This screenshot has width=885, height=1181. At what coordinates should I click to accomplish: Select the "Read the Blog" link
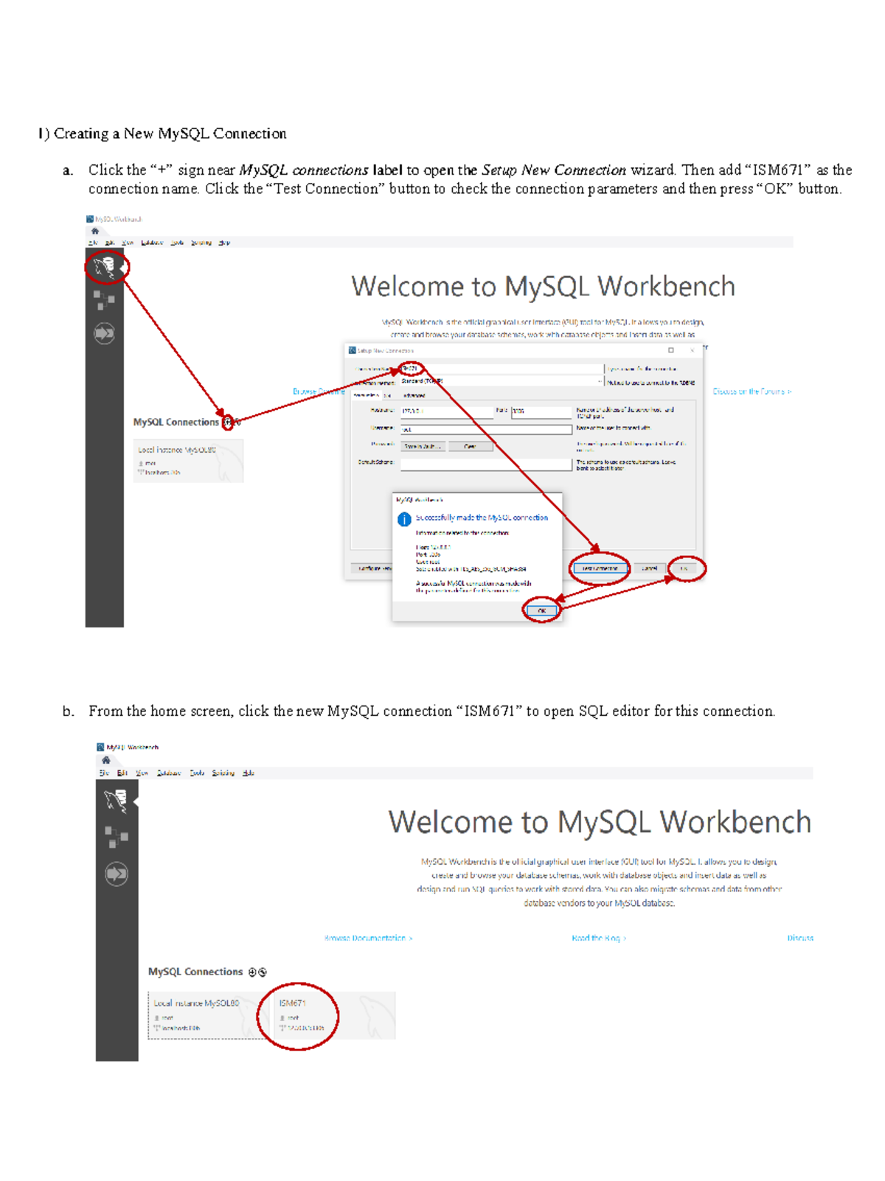(598, 938)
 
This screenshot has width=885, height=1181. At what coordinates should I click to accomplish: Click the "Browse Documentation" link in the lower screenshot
(368, 938)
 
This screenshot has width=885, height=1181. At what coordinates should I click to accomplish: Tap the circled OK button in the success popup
(541, 610)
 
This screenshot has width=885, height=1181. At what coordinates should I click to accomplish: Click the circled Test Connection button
(600, 568)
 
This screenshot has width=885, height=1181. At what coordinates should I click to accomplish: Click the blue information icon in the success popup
(404, 519)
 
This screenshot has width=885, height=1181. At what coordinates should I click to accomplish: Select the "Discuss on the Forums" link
(752, 391)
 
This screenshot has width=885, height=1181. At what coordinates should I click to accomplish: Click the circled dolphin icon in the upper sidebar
(105, 267)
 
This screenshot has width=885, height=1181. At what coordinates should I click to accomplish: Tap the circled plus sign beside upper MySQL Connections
(228, 422)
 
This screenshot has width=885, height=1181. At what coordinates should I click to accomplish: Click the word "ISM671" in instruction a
(777, 170)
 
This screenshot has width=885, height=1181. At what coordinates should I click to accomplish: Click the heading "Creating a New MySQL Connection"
(170, 133)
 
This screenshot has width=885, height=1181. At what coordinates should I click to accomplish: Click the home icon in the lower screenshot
(106, 760)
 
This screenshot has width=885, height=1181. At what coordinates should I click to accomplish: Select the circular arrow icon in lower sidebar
(117, 874)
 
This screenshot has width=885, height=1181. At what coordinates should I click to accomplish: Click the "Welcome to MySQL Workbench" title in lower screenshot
(599, 822)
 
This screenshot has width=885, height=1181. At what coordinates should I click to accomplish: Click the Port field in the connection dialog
(541, 411)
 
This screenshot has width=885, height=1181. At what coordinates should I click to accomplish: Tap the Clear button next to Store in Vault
(470, 446)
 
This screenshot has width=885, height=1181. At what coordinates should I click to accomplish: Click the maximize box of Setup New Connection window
(671, 350)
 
